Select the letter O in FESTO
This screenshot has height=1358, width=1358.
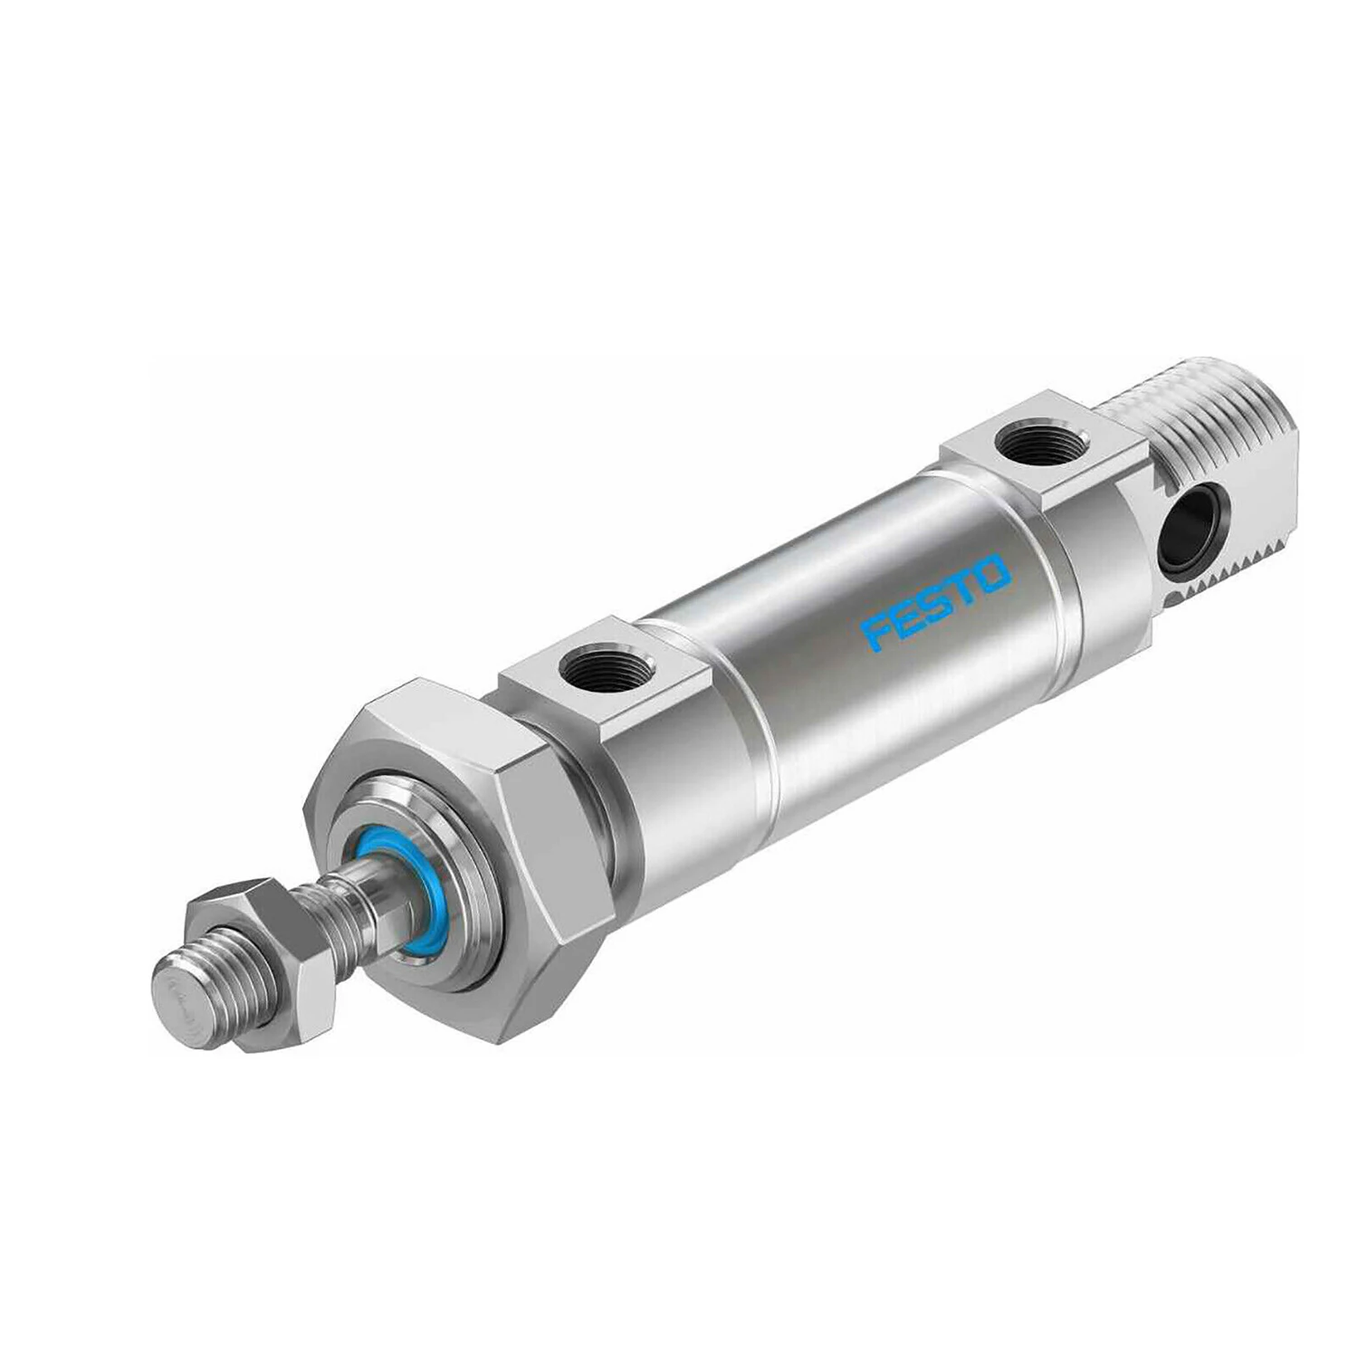992,574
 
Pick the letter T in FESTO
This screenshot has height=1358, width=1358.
963,588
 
